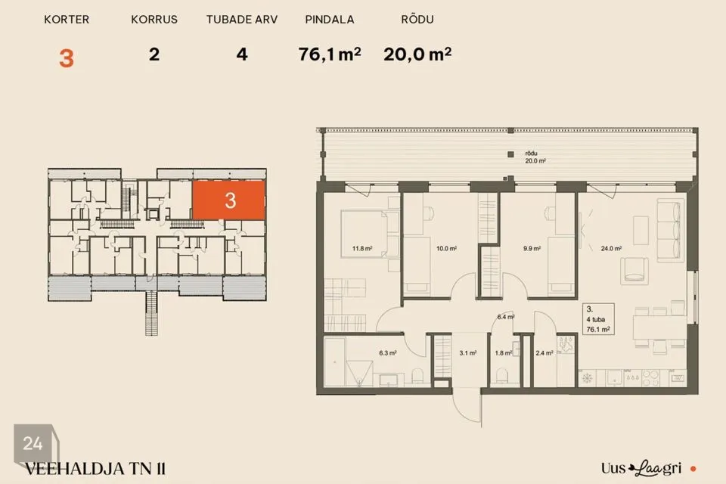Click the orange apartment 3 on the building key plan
[228, 200]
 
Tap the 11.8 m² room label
[362, 249]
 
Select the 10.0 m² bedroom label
[446, 249]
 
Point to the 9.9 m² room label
[532, 249]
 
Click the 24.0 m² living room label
[611, 249]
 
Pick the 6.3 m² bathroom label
[387, 353]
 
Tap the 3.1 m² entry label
[467, 353]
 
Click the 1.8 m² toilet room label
[504, 353]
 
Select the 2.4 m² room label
[544, 353]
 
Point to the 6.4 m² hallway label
[506, 318]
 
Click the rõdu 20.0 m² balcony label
[535, 157]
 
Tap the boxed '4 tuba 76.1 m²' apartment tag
[598, 319]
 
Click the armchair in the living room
[634, 270]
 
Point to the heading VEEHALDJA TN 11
[95, 469]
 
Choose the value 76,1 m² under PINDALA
[330, 54]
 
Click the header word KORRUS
[154, 20]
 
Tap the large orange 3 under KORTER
[67, 58]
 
